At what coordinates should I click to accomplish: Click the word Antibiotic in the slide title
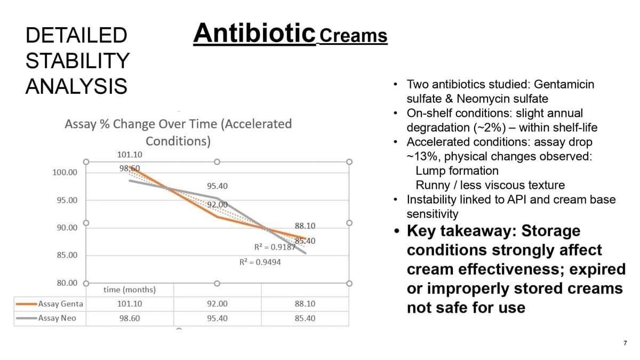254,33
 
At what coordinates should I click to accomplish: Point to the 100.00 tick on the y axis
65,172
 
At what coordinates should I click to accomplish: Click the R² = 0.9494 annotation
260,262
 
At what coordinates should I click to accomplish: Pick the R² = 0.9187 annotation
275,247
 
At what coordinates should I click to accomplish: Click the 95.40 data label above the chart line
217,186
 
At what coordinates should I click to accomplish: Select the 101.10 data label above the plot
130,155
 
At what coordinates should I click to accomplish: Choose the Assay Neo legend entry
57,318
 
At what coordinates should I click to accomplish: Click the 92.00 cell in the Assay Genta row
217,304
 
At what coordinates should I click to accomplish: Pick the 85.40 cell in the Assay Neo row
305,318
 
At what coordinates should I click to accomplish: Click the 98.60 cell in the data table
130,318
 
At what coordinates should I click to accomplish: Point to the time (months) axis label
130,290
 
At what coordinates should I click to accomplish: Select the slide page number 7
625,343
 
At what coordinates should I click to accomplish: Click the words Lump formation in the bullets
457,171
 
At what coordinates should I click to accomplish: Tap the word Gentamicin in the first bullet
564,84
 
